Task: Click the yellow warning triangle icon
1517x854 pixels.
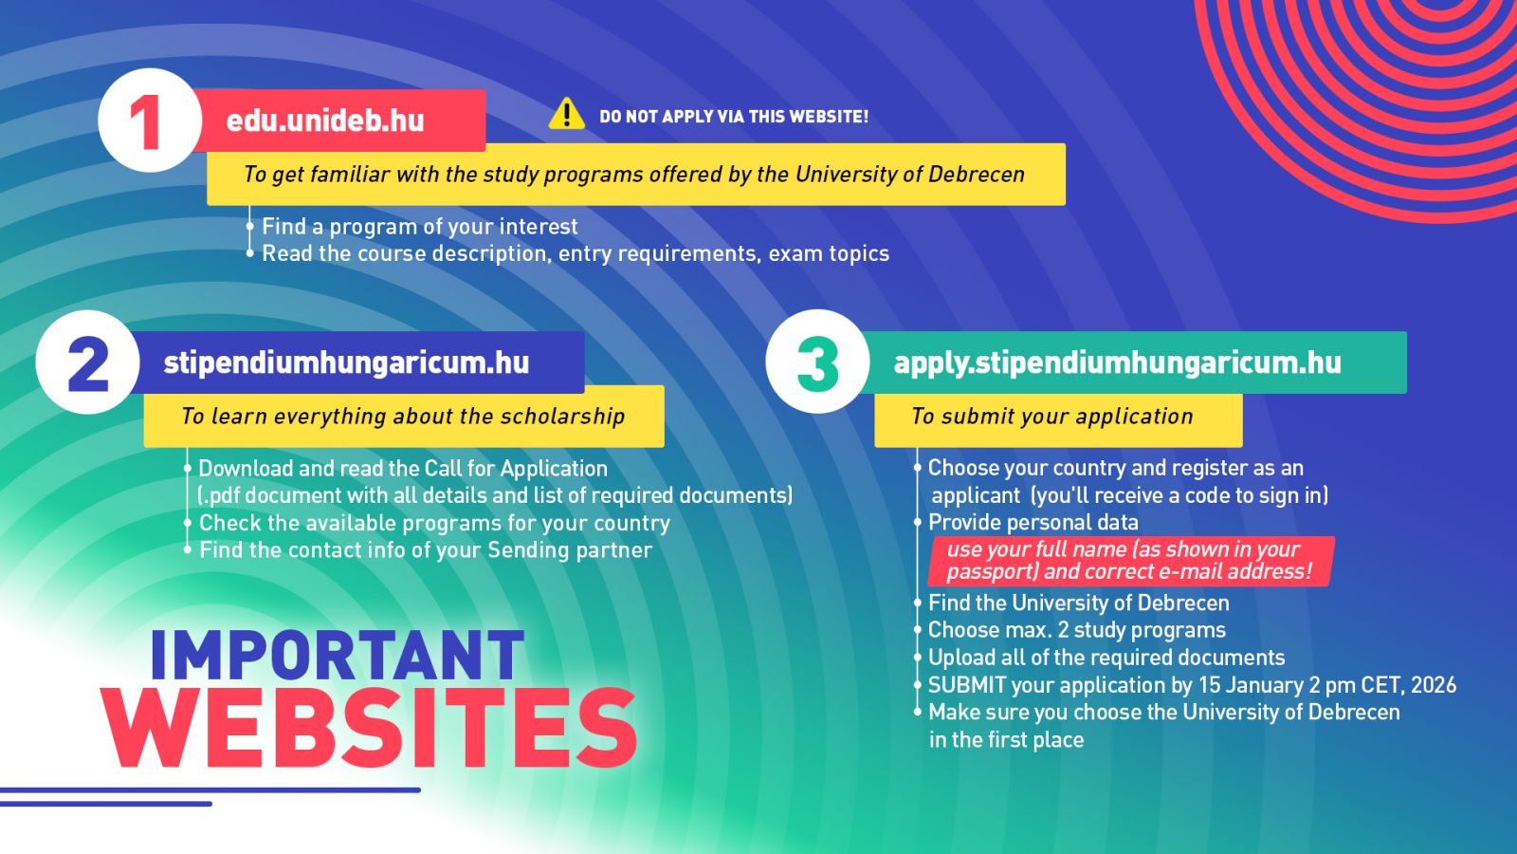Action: (x=566, y=114)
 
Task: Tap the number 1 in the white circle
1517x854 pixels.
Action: (x=146, y=122)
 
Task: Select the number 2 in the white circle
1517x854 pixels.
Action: (x=88, y=364)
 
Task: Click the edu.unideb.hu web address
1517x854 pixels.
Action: (x=325, y=121)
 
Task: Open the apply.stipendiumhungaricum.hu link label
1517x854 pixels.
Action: (x=1118, y=363)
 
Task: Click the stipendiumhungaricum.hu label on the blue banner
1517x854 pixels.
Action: (x=346, y=363)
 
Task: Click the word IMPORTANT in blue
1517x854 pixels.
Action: (x=338, y=655)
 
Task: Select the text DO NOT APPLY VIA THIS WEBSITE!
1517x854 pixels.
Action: (x=734, y=117)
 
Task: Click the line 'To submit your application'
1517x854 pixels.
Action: (x=1051, y=417)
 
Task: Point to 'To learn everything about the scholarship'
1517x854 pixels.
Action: (x=403, y=417)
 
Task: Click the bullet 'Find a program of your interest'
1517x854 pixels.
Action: (x=420, y=227)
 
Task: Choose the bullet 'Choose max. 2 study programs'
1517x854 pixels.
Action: (x=1077, y=630)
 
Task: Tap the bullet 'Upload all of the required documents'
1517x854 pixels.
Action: (x=1106, y=658)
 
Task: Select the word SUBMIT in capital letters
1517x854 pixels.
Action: (x=967, y=685)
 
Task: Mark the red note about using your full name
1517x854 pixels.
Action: (x=1129, y=561)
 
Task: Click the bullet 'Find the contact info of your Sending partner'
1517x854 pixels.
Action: (x=426, y=549)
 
